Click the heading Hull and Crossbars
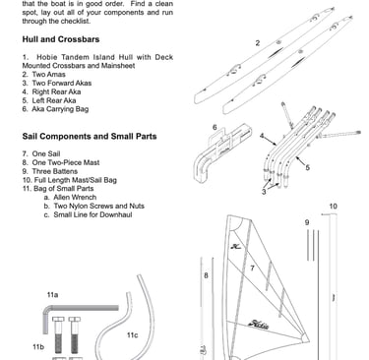[x=61, y=39]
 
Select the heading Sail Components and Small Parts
[x=90, y=136]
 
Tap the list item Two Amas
[x=44, y=75]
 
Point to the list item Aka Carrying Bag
[x=55, y=109]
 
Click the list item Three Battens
[x=50, y=171]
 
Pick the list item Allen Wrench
[x=70, y=198]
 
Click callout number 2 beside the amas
[x=258, y=43]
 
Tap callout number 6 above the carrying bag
[x=215, y=127]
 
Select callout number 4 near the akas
[x=262, y=136]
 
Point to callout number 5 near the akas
[x=307, y=167]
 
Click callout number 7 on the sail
[x=252, y=269]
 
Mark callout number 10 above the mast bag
[x=333, y=207]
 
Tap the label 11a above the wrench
[x=52, y=295]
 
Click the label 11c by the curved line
[x=132, y=335]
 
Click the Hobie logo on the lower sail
[x=259, y=325]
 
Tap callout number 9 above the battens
[x=307, y=222]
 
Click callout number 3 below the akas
[x=264, y=192]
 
